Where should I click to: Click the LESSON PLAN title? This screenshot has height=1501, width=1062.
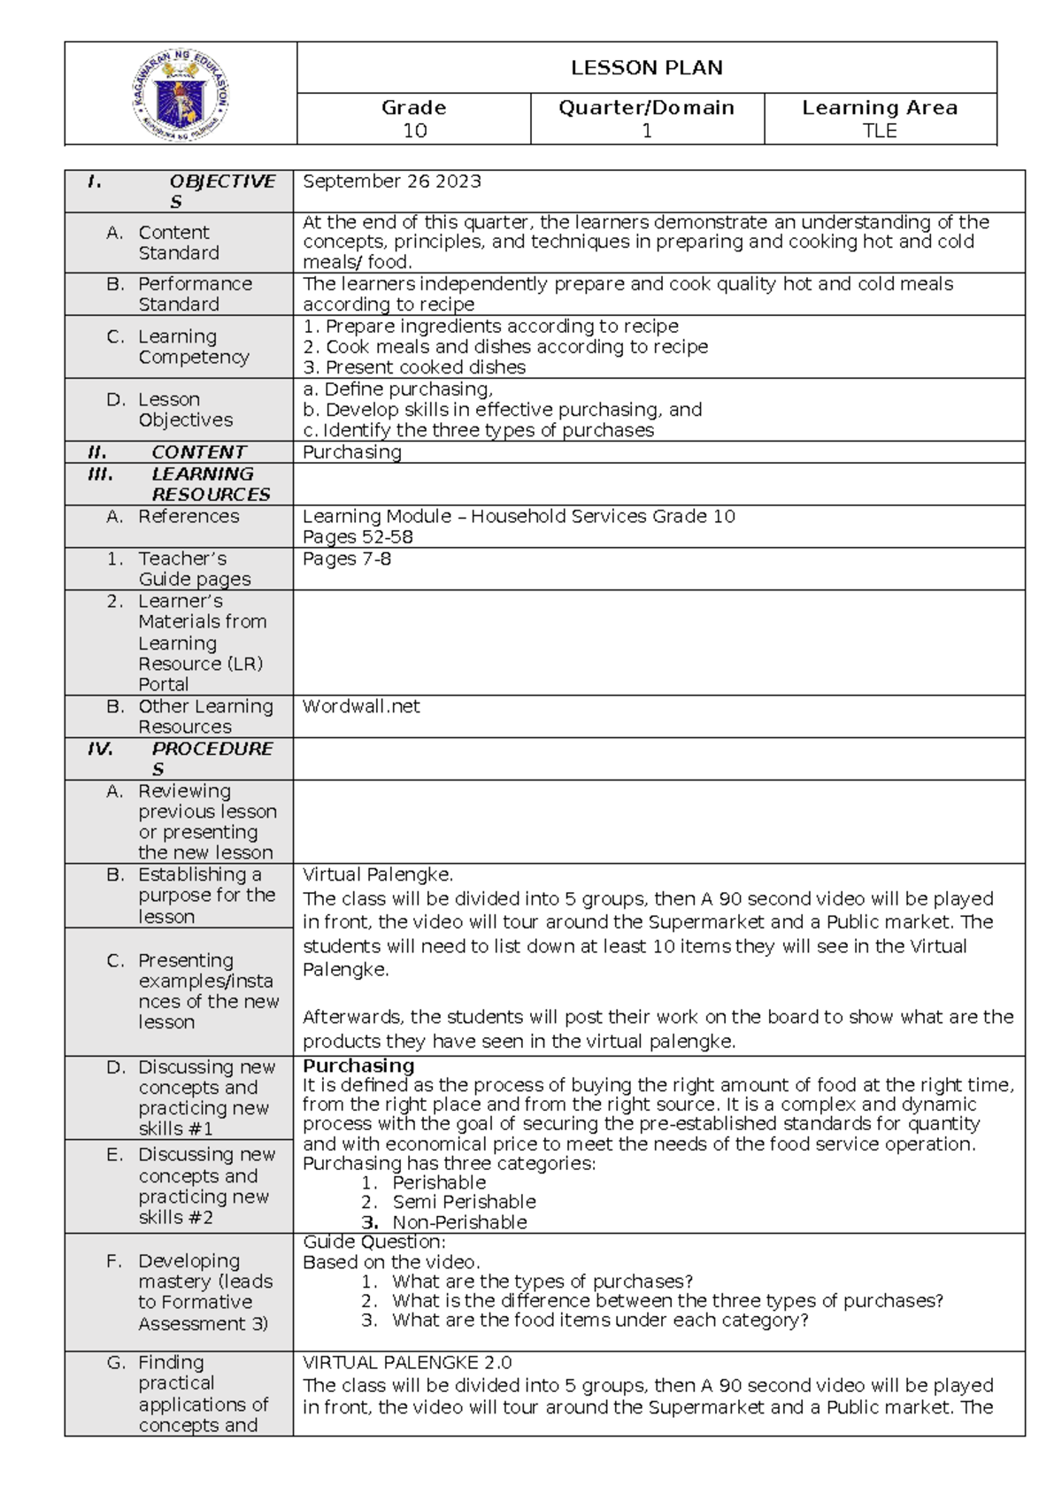click(646, 68)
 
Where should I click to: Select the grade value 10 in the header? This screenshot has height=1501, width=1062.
click(414, 131)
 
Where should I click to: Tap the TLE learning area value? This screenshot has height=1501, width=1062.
click(880, 131)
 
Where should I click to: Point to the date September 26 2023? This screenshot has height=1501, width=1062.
click(392, 181)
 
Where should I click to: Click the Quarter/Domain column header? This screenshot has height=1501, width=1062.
click(646, 108)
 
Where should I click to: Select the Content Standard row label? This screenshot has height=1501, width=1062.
click(178, 242)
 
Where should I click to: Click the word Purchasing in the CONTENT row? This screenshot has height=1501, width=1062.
click(351, 452)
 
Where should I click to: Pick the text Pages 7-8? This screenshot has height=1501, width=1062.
click(346, 559)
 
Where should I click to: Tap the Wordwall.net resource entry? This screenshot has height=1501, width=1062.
click(360, 706)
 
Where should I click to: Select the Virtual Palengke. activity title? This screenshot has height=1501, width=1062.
click(377, 874)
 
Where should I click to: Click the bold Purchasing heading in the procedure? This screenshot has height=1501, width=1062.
click(358, 1066)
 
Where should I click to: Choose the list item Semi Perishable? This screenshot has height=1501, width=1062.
click(464, 1202)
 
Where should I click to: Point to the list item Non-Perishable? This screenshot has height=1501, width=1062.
click(459, 1222)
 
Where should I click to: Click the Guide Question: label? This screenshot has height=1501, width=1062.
click(373, 1242)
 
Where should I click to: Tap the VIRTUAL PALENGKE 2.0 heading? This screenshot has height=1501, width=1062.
click(407, 1363)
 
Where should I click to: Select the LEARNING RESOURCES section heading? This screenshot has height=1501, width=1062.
click(210, 484)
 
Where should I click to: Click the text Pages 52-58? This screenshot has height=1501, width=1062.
click(357, 537)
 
